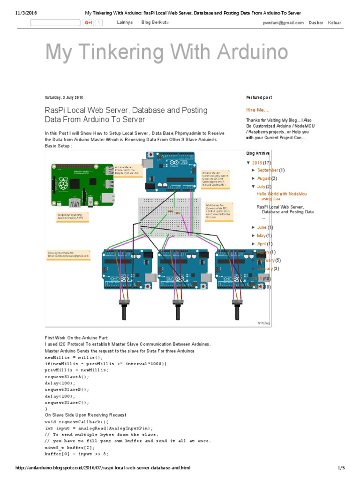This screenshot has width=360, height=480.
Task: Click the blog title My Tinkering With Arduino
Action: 166,52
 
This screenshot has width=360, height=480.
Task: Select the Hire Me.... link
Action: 258,110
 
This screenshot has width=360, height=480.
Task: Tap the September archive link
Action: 268,170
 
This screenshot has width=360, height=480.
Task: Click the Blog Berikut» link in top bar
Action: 155,22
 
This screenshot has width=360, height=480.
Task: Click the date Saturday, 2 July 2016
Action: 64,97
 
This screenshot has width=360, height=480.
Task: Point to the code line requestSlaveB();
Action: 67,390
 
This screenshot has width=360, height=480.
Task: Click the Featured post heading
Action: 259,97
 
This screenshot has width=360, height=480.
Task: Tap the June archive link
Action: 262,227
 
